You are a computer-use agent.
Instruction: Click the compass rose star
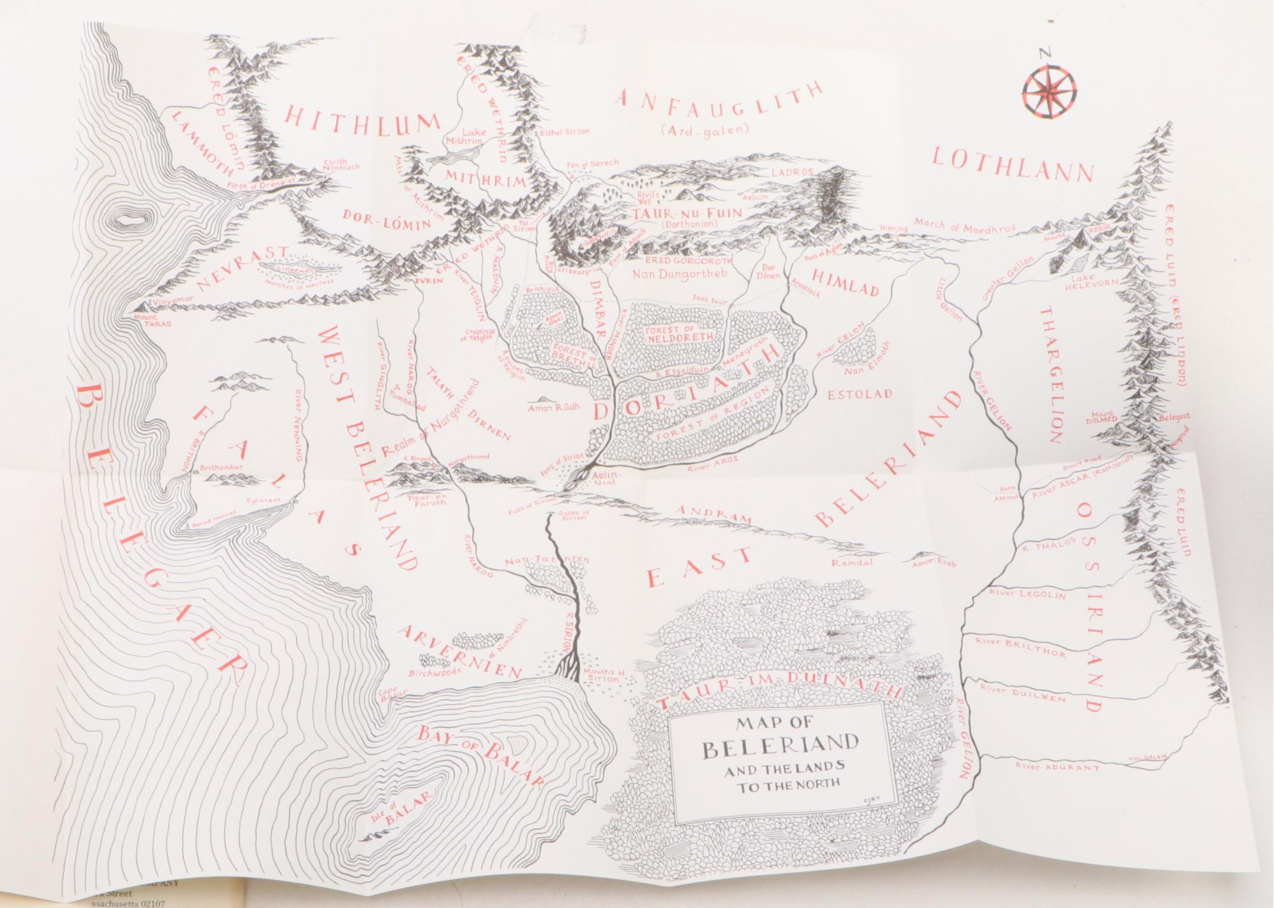(x=1050, y=91)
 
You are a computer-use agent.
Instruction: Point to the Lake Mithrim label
(x=467, y=137)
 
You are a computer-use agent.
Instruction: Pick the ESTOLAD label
(x=859, y=395)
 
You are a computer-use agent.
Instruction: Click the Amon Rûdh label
(x=554, y=407)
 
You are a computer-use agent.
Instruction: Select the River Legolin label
(x=1027, y=594)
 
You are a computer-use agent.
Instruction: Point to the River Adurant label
(x=1057, y=767)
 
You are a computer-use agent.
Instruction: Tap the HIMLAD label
(x=845, y=283)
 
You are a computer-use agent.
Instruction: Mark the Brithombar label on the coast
(x=221, y=467)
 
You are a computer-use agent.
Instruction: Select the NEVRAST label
(x=243, y=269)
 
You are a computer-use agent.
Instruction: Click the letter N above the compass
(x=1045, y=54)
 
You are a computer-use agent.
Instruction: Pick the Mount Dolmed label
(x=1101, y=418)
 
